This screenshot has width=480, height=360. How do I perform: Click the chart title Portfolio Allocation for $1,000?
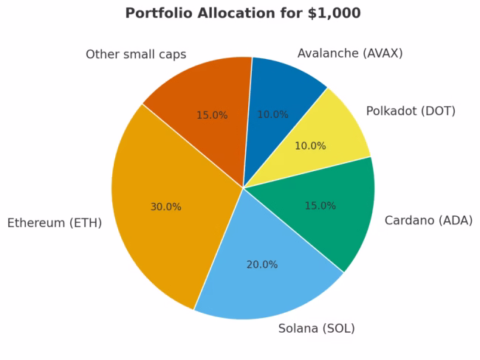click(x=243, y=13)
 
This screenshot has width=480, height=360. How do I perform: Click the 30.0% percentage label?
click(x=166, y=207)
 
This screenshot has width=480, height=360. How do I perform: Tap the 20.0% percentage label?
click(x=262, y=265)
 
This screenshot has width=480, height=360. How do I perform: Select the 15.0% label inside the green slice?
click(x=320, y=206)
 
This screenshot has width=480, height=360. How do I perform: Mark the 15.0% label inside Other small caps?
click(x=212, y=116)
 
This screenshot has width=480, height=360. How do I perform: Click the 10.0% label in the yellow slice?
click(x=310, y=146)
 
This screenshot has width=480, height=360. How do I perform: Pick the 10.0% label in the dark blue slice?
click(x=272, y=115)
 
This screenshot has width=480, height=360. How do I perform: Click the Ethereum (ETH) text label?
click(x=55, y=223)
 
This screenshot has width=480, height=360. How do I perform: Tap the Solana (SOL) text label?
click(x=316, y=328)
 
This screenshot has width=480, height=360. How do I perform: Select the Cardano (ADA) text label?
click(x=428, y=221)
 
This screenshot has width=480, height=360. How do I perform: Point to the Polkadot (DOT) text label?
click(x=411, y=111)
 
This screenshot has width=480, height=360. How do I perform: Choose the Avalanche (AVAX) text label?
click(x=350, y=53)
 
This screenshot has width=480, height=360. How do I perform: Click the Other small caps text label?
click(x=136, y=55)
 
